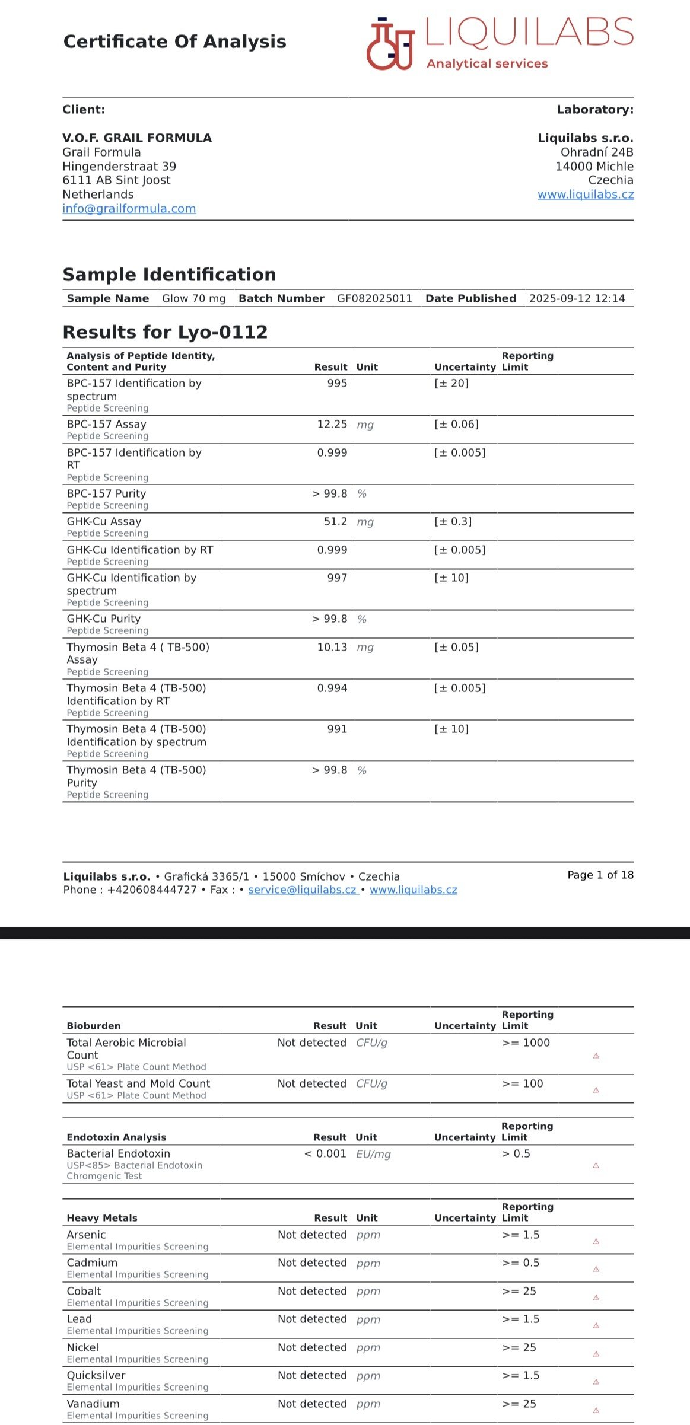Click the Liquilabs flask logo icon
pyautogui.click(x=390, y=44)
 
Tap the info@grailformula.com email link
pyautogui.click(x=129, y=209)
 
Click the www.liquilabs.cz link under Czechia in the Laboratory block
pyautogui.click(x=585, y=195)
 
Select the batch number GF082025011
pyautogui.click(x=374, y=299)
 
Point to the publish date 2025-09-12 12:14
pyautogui.click(x=577, y=299)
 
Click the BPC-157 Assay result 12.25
pyautogui.click(x=332, y=425)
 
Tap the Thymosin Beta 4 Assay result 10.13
pyautogui.click(x=332, y=648)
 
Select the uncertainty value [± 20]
pyautogui.click(x=451, y=384)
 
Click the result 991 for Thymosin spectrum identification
pyautogui.click(x=337, y=729)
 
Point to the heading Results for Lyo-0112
pyautogui.click(x=165, y=332)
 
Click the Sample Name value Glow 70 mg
pyautogui.click(x=193, y=299)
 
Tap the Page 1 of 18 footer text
pyautogui.click(x=600, y=875)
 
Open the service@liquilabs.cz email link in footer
pyautogui.click(x=303, y=890)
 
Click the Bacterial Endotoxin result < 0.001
pyautogui.click(x=325, y=1154)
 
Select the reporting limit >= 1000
pyautogui.click(x=526, y=1043)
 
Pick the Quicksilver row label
pyautogui.click(x=96, y=1376)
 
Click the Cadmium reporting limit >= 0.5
pyautogui.click(x=520, y=1263)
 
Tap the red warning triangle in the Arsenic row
pyautogui.click(x=596, y=1241)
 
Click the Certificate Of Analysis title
pyautogui.click(x=174, y=42)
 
